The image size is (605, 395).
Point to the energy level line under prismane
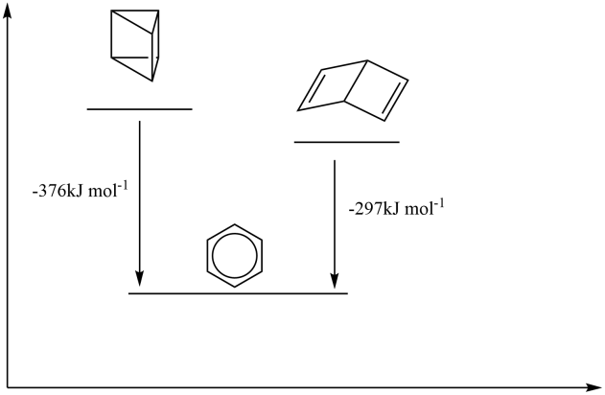point(139,109)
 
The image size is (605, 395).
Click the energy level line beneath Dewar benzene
point(345,142)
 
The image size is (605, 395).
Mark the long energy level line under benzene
point(238,293)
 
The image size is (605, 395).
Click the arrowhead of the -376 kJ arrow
point(139,280)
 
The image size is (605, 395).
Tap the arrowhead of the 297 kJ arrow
point(335,280)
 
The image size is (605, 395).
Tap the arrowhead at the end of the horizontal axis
point(593,385)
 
